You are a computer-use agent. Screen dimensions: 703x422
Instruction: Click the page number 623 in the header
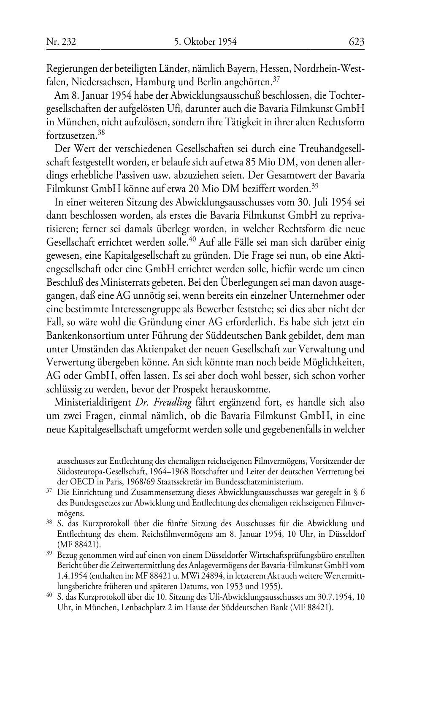click(356, 42)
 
